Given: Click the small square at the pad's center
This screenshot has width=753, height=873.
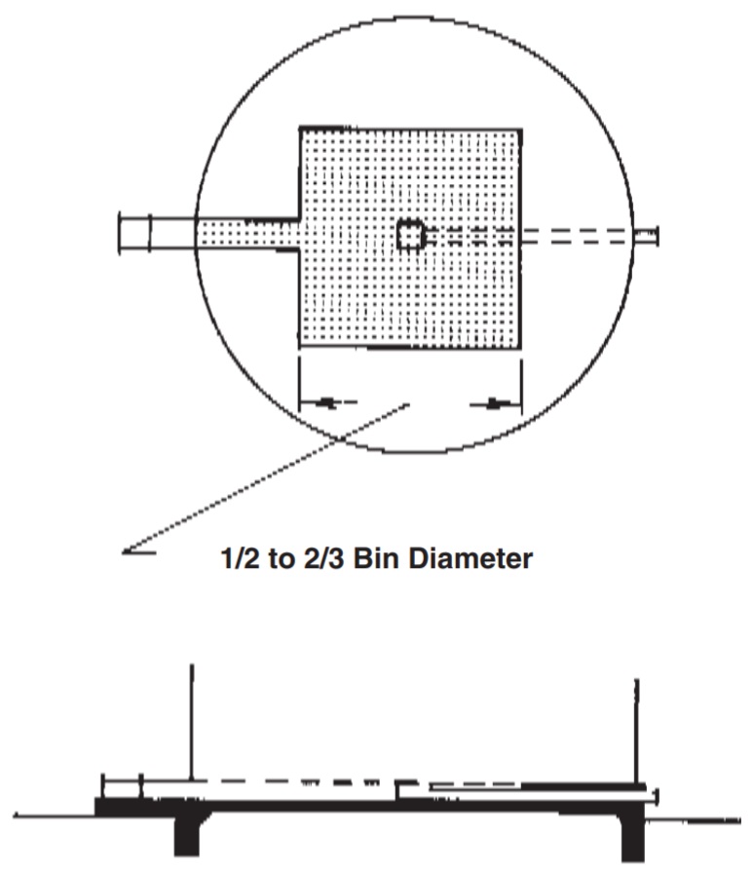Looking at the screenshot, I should [410, 236].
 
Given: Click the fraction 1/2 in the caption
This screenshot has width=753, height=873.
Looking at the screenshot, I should [229, 559].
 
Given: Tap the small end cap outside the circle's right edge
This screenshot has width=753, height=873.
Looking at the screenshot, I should [645, 235].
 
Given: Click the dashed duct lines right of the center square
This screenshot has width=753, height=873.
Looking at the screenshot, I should [526, 235].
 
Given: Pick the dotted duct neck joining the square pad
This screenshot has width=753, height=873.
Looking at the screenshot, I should [247, 235].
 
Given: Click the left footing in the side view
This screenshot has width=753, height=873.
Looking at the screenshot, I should [185, 833].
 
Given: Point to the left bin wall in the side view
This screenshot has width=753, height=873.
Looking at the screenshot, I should [192, 721].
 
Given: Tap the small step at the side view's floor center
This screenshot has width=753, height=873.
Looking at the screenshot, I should [399, 788].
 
